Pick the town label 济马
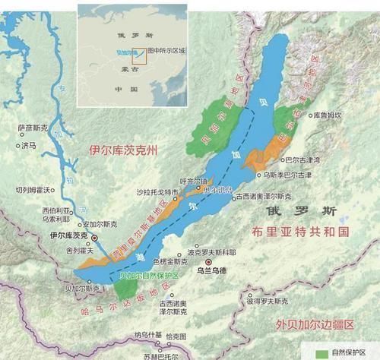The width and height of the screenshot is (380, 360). [x=30, y=144]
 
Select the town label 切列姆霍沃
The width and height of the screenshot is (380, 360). [x=32, y=189]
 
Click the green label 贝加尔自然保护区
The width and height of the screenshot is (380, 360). [x=148, y=276]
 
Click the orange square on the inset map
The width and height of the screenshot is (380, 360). [x=138, y=53]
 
